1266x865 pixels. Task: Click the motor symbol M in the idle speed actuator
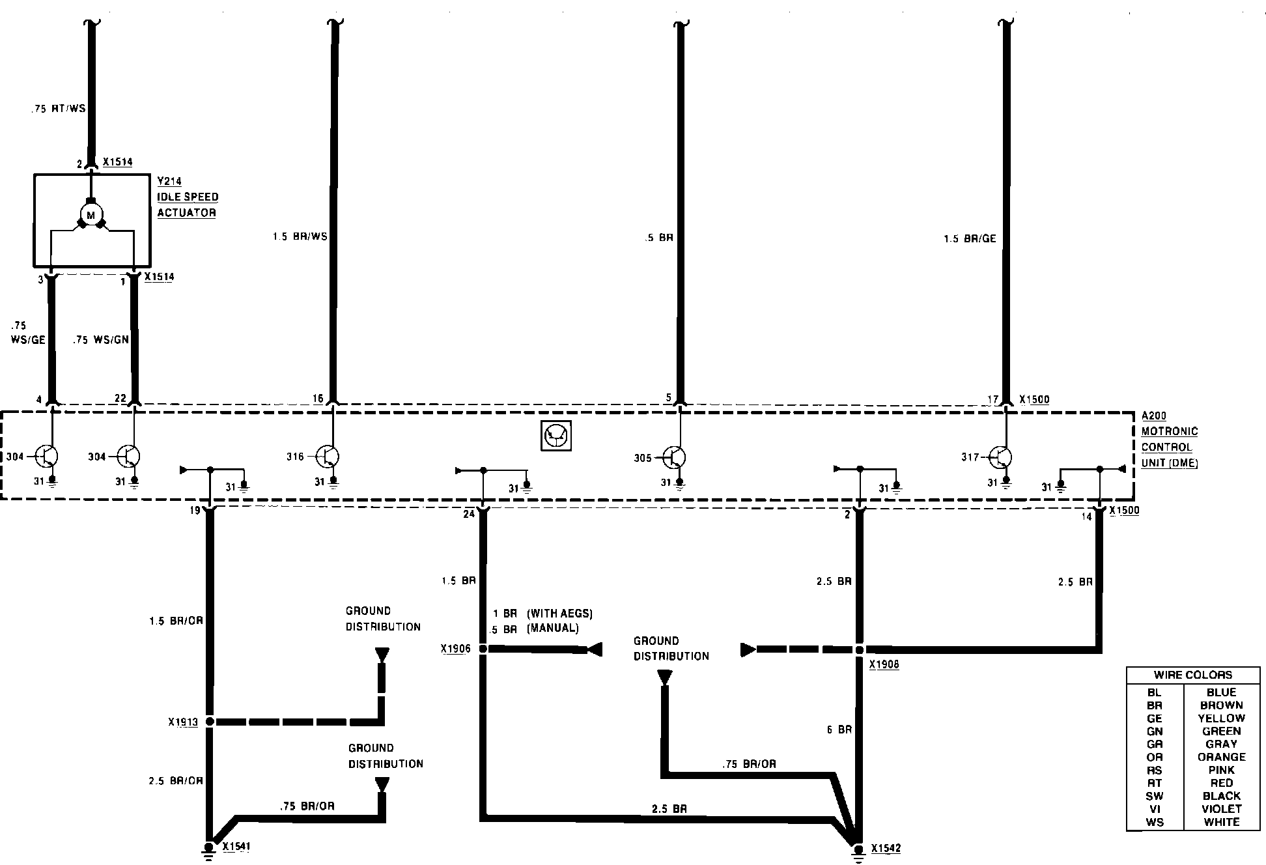[91, 215]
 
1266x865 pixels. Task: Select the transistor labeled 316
[328, 457]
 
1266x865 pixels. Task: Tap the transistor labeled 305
[675, 457]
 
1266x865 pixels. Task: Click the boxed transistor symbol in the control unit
[556, 436]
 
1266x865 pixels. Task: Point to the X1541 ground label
[236, 847]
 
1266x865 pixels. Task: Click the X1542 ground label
[886, 849]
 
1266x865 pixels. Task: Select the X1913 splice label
[183, 722]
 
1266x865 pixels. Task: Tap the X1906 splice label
[455, 649]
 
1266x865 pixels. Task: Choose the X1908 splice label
[884, 665]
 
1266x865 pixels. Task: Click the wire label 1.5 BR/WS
[300, 236]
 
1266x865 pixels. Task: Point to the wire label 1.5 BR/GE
[970, 239]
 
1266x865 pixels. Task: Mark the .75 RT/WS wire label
[58, 109]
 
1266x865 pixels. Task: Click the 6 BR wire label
[839, 730]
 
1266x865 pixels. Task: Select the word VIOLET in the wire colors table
[1222, 809]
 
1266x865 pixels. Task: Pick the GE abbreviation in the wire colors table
[1155, 718]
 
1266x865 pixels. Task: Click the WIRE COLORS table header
[1193, 675]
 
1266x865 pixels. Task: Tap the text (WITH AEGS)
[559, 614]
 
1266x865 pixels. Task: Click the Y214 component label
[169, 182]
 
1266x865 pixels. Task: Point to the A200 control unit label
[1154, 416]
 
